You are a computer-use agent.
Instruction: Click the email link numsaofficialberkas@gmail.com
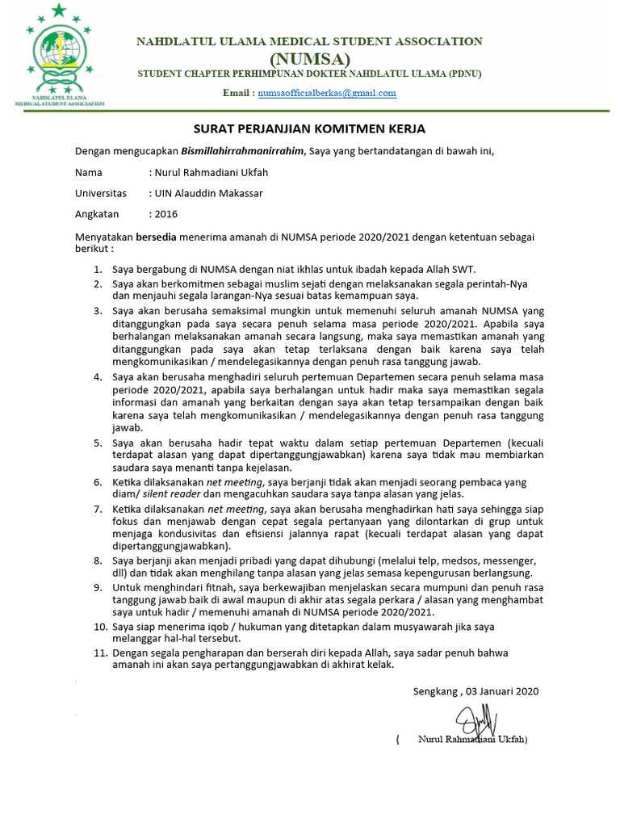[327, 93]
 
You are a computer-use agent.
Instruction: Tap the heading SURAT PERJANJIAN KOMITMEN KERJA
[309, 128]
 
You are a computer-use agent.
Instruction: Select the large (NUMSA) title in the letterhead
[309, 59]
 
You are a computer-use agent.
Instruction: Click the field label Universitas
[101, 193]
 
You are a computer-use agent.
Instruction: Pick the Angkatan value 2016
[165, 214]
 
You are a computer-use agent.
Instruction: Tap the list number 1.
[98, 269]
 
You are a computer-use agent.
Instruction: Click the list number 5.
[98, 443]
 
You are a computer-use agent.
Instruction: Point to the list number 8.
[98, 559]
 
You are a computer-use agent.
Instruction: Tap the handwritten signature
[476, 720]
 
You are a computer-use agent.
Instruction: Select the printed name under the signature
[471, 740]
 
